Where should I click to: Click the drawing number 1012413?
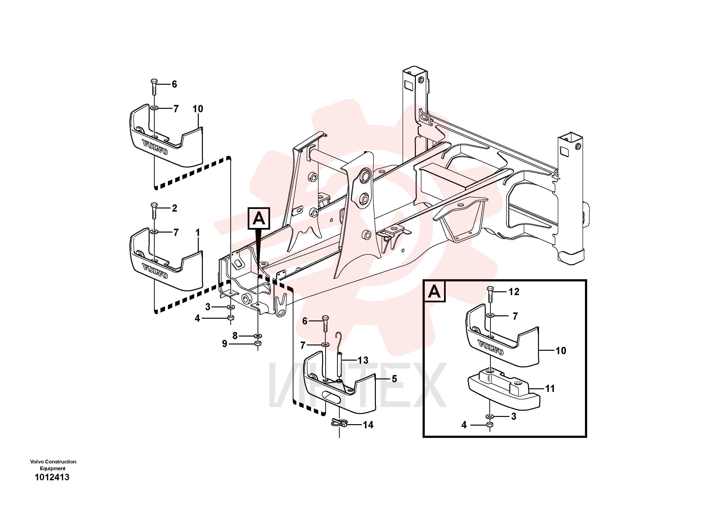52,477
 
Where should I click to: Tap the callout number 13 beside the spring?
363,360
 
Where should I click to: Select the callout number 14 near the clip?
368,425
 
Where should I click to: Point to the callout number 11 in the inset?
550,388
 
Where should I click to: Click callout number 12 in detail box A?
514,292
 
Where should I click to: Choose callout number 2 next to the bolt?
175,208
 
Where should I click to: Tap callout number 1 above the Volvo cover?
197,233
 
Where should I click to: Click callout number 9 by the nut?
225,344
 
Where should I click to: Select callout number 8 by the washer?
235,336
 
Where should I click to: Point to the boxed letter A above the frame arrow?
259,218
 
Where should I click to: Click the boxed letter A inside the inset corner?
434,292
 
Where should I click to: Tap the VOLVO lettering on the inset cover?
491,348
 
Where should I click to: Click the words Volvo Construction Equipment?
53,465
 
